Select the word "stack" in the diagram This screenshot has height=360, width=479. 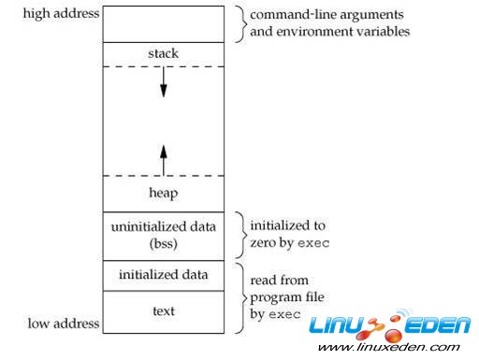(162, 53)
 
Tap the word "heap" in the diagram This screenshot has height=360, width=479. (162, 193)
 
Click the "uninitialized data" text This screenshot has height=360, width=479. (162, 226)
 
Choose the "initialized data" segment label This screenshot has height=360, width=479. (162, 275)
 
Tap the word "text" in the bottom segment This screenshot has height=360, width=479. (162, 310)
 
